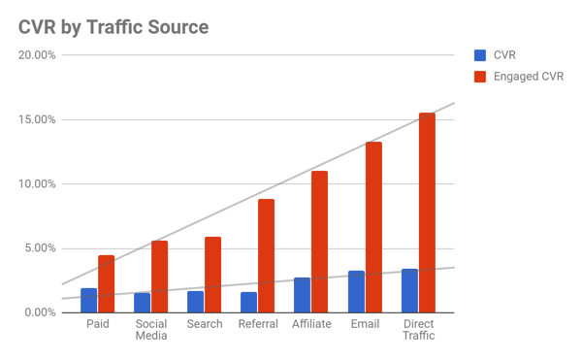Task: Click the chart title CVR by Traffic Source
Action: [x=113, y=26]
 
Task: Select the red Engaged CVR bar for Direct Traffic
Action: [x=427, y=213]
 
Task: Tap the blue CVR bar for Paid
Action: [x=88, y=301]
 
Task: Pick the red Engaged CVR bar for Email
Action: [x=373, y=227]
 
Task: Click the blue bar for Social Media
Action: [x=142, y=303]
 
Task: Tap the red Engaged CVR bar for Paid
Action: [x=106, y=283]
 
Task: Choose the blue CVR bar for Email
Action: [x=356, y=291]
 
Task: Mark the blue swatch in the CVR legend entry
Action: [x=480, y=55]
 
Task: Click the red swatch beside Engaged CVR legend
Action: [x=480, y=76]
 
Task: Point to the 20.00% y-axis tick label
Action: [x=37, y=55]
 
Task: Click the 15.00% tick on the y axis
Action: [x=37, y=119]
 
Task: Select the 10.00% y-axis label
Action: [x=37, y=184]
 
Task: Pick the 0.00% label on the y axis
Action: [x=40, y=312]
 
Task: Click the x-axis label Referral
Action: [x=258, y=324]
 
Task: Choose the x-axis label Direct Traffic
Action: [x=418, y=330]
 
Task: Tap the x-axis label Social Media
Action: [x=151, y=330]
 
